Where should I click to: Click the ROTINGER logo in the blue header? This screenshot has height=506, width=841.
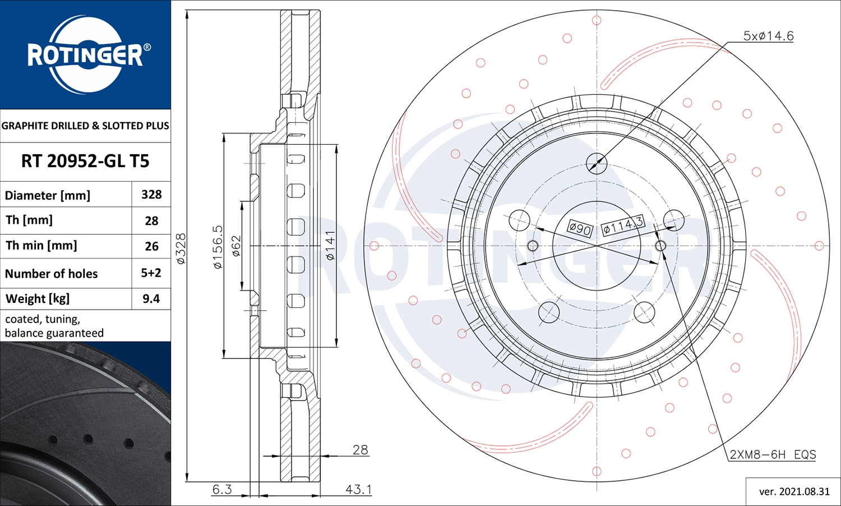(85, 55)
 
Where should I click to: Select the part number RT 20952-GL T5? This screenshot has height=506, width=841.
(85, 162)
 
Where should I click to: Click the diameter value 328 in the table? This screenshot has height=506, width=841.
(151, 195)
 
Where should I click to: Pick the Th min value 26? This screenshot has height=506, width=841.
(151, 246)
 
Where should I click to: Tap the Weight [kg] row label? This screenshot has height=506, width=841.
(38, 299)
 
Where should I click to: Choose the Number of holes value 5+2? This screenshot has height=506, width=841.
(151, 273)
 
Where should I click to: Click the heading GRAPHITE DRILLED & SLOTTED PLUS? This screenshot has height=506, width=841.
(85, 126)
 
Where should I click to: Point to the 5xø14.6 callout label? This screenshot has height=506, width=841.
(768, 36)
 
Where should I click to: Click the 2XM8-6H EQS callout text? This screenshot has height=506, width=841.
(773, 454)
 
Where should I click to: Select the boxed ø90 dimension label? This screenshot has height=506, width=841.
(580, 228)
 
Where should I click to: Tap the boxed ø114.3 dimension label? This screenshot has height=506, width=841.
(622, 226)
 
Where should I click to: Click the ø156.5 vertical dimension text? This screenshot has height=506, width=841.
(218, 247)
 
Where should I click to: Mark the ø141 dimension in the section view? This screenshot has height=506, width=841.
(330, 246)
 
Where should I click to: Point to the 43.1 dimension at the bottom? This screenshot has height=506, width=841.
(358, 489)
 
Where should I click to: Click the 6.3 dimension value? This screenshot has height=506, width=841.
(222, 489)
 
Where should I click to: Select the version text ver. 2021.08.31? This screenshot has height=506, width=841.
(794, 491)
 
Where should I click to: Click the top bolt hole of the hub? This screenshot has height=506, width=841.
(597, 164)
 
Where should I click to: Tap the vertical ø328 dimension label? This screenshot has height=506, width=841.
(181, 249)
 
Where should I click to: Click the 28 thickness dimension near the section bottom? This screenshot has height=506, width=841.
(360, 450)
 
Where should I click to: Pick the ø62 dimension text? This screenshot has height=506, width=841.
(236, 246)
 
